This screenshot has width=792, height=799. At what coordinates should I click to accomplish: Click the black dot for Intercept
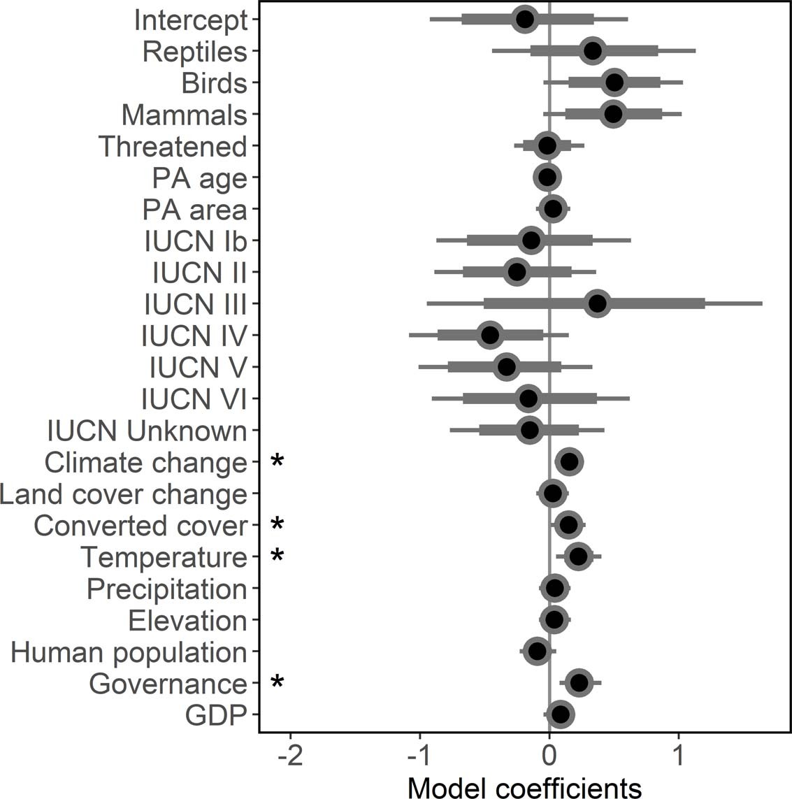[524, 19]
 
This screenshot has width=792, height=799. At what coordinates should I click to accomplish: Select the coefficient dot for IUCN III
[598, 304]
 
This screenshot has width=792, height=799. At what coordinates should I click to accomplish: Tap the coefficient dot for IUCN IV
[491, 336]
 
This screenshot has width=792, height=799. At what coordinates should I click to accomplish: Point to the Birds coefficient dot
[614, 82]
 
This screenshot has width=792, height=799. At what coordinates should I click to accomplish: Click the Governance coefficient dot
[579, 682]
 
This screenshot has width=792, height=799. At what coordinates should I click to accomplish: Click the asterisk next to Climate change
[278, 462]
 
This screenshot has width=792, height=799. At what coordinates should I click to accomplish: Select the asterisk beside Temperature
[278, 556]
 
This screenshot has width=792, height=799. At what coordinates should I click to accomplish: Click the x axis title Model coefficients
[524, 787]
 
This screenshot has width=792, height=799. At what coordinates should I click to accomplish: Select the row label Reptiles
[194, 52]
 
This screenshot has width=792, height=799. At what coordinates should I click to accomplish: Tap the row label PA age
[200, 178]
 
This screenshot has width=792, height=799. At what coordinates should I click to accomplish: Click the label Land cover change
[124, 494]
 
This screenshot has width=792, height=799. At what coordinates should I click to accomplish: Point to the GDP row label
[216, 715]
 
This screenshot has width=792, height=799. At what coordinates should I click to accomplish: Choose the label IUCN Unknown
[147, 431]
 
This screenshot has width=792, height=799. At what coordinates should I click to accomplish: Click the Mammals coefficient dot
[613, 114]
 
